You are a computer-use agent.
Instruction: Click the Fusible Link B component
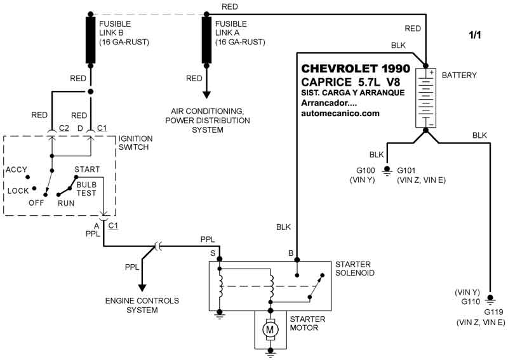point(90,40)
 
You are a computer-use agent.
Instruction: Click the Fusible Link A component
point(207,40)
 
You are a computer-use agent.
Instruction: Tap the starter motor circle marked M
point(271,329)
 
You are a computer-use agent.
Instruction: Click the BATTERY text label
point(458,75)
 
